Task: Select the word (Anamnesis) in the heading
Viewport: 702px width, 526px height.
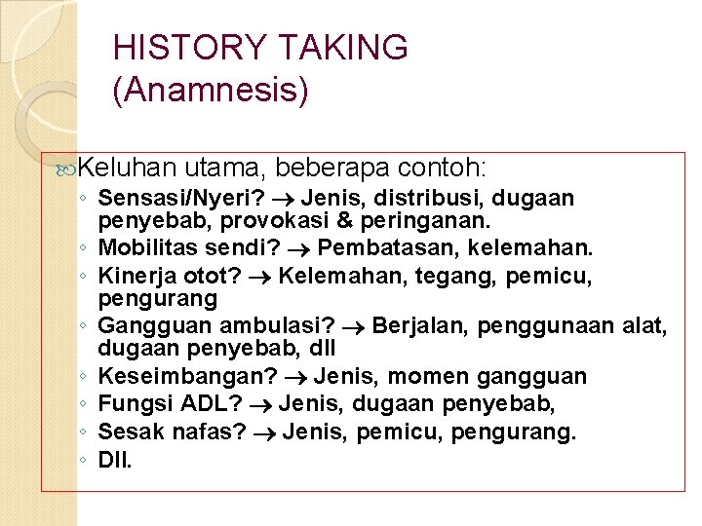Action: click(211, 91)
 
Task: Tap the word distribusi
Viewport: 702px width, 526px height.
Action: click(434, 199)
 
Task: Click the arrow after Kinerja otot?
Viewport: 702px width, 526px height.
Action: click(264, 278)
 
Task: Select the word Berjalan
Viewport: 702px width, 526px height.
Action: click(420, 325)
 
